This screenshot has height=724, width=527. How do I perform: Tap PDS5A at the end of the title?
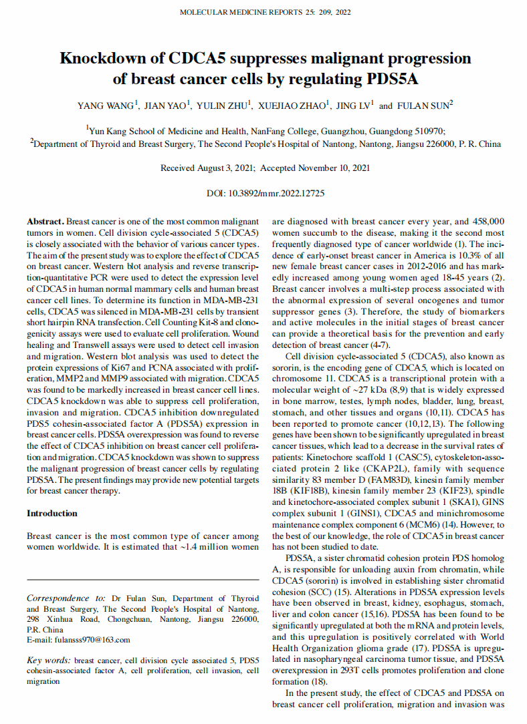(393, 79)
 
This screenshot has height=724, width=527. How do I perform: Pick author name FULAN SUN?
(424, 106)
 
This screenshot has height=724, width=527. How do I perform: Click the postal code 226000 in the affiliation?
(437, 144)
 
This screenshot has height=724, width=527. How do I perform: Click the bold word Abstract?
(45, 221)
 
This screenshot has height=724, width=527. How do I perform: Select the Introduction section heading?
(52, 514)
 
